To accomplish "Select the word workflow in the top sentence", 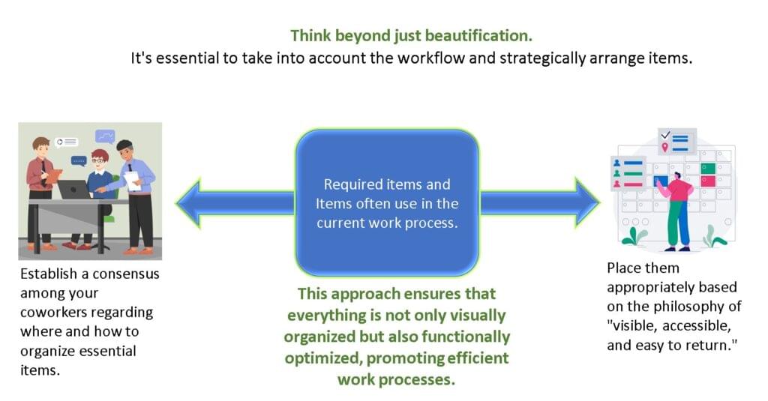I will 457,58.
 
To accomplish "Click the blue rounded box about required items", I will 386,203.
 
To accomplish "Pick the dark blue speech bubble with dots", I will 79,160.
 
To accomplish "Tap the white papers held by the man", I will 132,181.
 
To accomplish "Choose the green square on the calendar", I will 707,169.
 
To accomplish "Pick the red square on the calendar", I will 707,181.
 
